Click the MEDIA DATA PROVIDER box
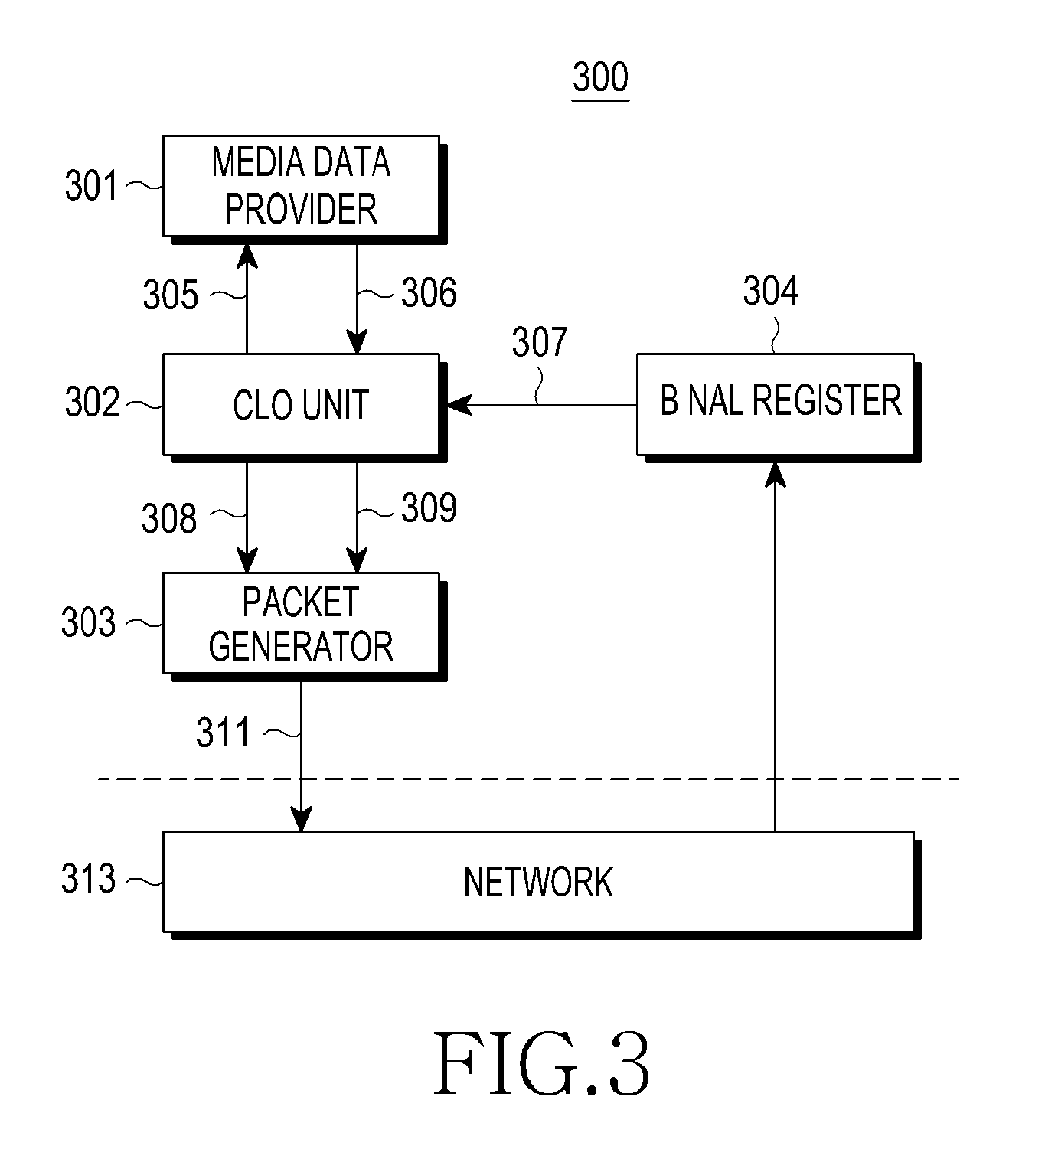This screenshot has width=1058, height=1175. coord(304,189)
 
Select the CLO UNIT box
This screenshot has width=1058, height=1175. coord(304,407)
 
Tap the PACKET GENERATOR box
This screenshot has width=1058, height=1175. coord(304,626)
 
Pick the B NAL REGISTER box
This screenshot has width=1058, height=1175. coord(779,407)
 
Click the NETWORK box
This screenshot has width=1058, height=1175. coord(541,884)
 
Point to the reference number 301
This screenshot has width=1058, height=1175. coord(92,186)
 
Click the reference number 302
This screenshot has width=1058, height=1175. coord(92,403)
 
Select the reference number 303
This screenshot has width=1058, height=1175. coord(89,622)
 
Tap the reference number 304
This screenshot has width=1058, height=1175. coord(771,291)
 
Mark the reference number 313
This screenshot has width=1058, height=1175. coord(89,878)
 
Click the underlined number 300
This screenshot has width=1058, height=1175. coord(601,78)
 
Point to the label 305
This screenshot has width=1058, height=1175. coord(171,295)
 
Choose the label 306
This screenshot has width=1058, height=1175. coord(429,292)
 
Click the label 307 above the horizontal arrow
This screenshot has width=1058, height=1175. coord(540,342)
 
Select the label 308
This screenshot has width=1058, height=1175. coord(169,518)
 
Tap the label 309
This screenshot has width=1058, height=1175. coord(429,508)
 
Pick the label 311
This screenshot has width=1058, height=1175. coord(224,733)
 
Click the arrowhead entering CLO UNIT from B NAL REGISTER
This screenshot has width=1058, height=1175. coord(458,405)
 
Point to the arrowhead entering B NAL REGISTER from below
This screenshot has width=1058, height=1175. coord(776,474)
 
